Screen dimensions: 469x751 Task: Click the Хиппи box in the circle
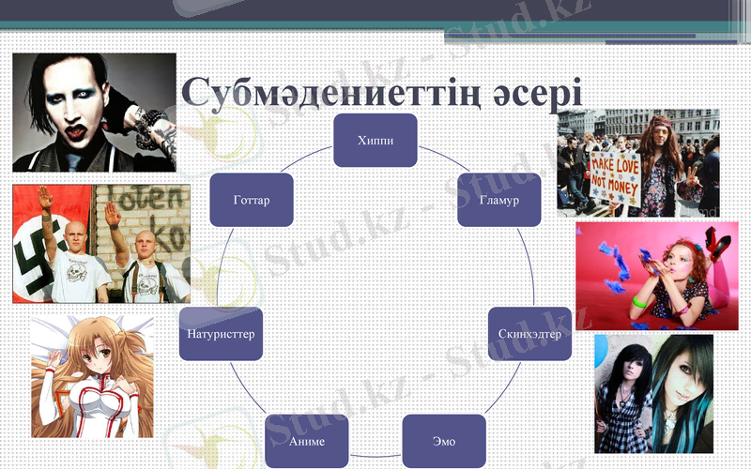375,141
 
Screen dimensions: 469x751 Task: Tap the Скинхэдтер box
529,334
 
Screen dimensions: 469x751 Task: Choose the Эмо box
444,440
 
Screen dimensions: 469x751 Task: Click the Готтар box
251,200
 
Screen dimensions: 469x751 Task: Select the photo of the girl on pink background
656,275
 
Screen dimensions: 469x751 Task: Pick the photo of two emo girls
653,393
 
